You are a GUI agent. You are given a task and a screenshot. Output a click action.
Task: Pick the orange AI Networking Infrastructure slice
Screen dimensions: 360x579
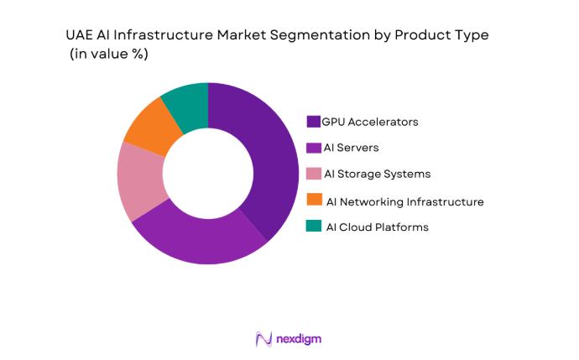151,125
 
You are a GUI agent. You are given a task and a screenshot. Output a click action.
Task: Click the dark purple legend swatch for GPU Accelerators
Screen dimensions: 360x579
314,122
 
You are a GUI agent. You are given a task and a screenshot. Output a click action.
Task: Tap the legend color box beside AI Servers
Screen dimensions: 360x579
314,148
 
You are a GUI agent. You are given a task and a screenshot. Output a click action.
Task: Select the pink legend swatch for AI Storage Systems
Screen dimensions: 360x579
314,174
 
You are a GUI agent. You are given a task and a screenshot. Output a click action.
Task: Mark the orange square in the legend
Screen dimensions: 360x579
314,200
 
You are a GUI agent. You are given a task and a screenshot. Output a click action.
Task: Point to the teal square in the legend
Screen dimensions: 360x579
314,227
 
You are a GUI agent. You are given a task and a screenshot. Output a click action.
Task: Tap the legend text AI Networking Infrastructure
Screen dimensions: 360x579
404,201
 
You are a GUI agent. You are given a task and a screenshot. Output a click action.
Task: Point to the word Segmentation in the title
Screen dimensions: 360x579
322,35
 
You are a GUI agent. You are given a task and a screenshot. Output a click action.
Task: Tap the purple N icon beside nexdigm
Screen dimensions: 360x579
263,339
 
